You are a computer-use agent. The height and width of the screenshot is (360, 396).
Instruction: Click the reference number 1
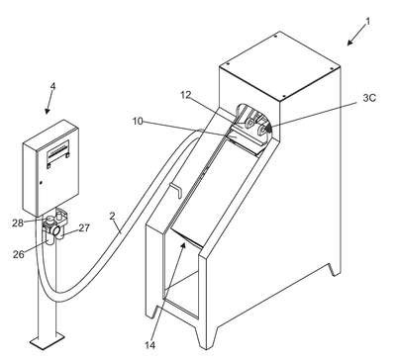pyautogui.click(x=368, y=22)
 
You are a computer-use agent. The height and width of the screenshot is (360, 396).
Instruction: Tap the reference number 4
pyautogui.click(x=52, y=87)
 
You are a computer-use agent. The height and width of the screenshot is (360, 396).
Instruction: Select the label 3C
pyautogui.click(x=369, y=98)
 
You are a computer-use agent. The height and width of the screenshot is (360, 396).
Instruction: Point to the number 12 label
pyautogui.click(x=186, y=95)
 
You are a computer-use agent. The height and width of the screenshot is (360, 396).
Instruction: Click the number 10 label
pyautogui.click(x=138, y=122)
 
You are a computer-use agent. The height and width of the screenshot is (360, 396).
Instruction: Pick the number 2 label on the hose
pyautogui.click(x=112, y=217)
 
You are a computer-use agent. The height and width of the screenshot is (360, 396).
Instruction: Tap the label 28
pyautogui.click(x=18, y=224)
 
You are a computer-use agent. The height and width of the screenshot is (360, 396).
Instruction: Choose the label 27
pyautogui.click(x=84, y=227)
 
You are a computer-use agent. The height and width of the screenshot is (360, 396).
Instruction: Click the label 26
pyautogui.click(x=19, y=254)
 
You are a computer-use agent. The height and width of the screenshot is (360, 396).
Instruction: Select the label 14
pyautogui.click(x=149, y=345)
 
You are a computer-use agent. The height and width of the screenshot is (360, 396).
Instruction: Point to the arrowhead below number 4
pyautogui.click(x=48, y=111)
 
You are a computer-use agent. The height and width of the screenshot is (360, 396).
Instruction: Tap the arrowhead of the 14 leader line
pyautogui.click(x=183, y=245)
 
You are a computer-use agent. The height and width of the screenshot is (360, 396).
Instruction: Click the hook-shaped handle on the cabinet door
pyautogui.click(x=175, y=190)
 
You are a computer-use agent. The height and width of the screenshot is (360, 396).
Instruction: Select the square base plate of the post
pyautogui.click(x=47, y=340)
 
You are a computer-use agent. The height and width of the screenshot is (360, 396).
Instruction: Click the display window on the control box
pyautogui.click(x=58, y=151)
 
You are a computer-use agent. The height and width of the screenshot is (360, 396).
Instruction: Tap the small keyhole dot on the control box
pyautogui.click(x=41, y=182)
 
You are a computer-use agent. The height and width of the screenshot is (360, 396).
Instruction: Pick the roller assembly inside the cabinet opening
pyautogui.click(x=252, y=127)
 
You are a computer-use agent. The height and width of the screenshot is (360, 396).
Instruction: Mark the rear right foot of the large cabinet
pyautogui.click(x=335, y=269)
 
